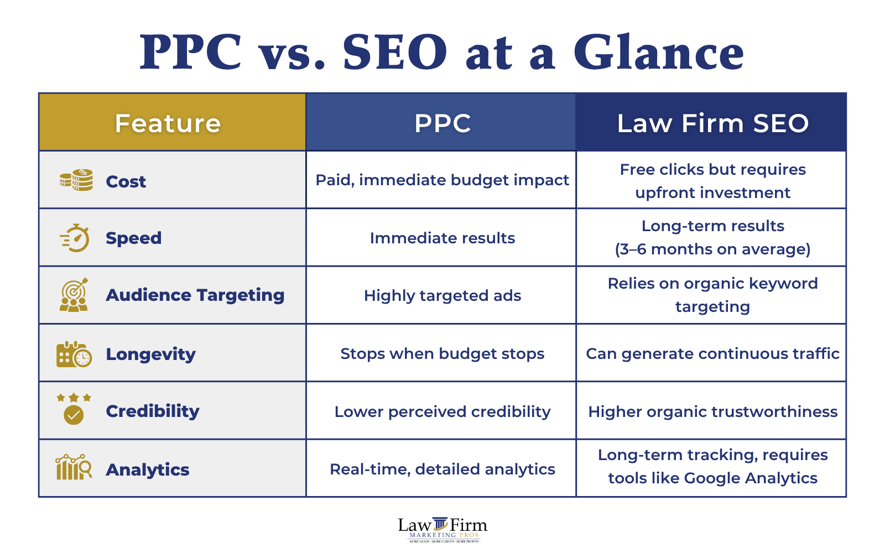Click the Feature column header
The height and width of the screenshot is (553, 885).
click(168, 123)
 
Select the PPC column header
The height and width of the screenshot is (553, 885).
click(442, 123)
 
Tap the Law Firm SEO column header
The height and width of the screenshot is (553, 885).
click(712, 123)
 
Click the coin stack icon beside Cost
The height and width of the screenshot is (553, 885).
click(76, 180)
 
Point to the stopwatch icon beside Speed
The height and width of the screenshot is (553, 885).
click(75, 238)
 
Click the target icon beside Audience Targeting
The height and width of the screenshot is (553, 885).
click(74, 295)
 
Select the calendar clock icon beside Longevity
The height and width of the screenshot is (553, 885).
click(74, 354)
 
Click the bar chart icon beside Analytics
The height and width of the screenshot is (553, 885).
click(74, 468)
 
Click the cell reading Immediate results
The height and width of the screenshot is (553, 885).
click(442, 238)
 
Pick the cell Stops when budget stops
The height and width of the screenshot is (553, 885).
click(442, 354)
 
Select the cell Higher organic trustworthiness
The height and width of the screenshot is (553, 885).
click(712, 412)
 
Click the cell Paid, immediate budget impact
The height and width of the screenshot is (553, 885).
click(442, 180)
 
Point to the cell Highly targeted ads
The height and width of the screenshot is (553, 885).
click(442, 296)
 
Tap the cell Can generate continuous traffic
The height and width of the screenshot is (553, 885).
click(712, 354)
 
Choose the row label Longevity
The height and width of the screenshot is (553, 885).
click(150, 354)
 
